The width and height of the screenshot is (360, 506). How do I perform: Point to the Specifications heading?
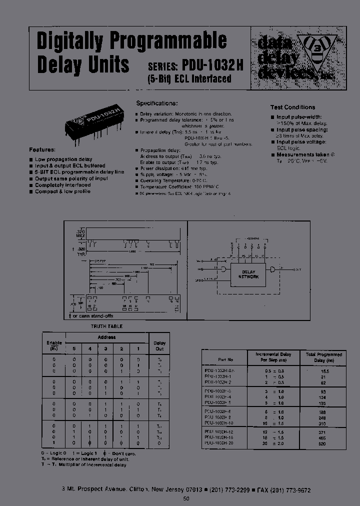(157, 103)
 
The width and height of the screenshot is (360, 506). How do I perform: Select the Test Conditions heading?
(292, 107)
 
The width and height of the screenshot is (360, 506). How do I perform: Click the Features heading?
(42, 149)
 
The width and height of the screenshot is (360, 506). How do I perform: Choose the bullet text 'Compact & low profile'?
(62, 191)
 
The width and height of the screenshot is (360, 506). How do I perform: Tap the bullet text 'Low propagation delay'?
(63, 159)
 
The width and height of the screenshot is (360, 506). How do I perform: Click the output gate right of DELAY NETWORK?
(272, 269)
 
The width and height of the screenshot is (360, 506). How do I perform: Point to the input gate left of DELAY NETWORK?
(223, 269)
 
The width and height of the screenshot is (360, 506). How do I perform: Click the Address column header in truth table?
(106, 337)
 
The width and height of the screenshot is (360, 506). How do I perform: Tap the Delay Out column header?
(160, 346)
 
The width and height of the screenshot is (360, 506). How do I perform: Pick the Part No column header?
(225, 359)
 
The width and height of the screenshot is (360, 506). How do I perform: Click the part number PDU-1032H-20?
(219, 443)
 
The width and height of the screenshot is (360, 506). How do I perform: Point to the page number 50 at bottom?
(186, 498)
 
